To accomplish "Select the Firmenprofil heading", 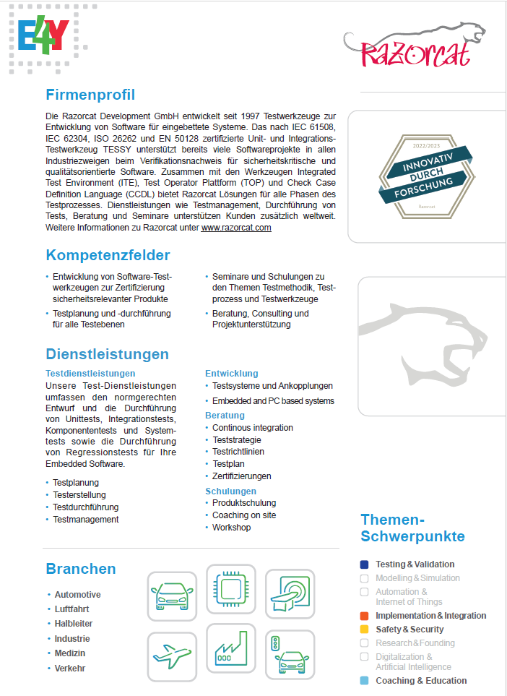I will pyautogui.click(x=90, y=95).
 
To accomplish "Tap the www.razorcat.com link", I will pyautogui.click(x=236, y=227).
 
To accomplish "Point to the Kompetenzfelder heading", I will pyautogui.click(x=108, y=255).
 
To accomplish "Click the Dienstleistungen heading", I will pyautogui.click(x=107, y=354).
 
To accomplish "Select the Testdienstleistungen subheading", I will pyautogui.click(x=90, y=374).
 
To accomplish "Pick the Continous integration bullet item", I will pyautogui.click(x=252, y=428).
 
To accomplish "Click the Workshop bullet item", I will pyautogui.click(x=231, y=528).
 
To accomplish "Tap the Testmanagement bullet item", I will pyautogui.click(x=85, y=519).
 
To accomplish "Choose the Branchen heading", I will pyautogui.click(x=81, y=569).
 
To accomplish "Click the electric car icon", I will pyautogui.click(x=172, y=595).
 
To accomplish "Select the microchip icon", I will pyautogui.click(x=230, y=589).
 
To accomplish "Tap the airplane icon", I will pyautogui.click(x=172, y=656).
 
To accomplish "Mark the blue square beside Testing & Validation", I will pyautogui.click(x=364, y=564).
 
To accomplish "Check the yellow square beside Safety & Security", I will pyautogui.click(x=364, y=630).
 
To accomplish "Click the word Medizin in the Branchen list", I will pyautogui.click(x=69, y=653).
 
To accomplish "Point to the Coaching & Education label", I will pyautogui.click(x=421, y=681).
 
